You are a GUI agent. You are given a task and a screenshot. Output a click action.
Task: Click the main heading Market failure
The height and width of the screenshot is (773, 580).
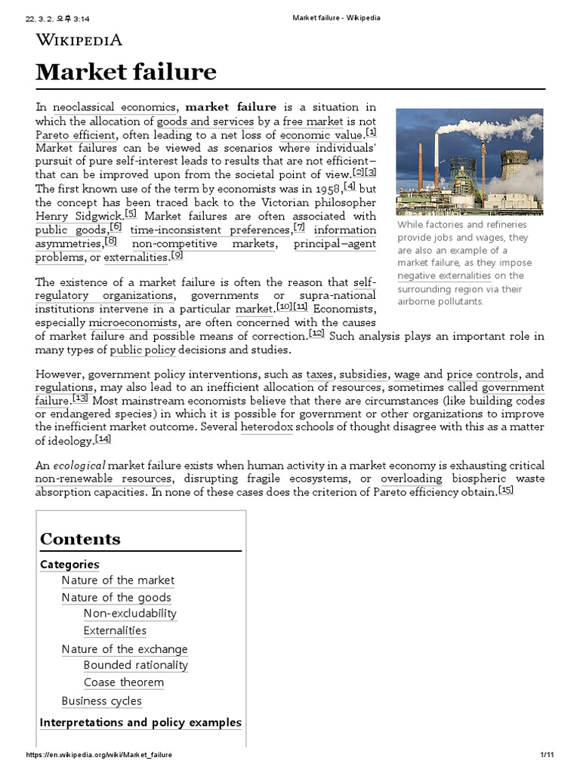126,72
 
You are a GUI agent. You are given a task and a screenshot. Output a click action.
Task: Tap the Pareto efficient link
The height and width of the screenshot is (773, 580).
76,135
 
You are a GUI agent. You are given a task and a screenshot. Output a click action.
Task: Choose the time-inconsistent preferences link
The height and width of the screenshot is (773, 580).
210,229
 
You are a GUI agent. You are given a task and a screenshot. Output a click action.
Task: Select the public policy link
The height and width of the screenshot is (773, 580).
143,350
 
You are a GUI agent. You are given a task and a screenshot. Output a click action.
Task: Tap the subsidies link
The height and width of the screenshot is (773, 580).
363,374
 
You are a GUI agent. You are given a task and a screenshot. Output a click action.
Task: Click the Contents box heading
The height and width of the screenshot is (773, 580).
80,539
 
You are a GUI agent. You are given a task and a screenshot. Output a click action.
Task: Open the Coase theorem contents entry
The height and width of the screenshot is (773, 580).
124,682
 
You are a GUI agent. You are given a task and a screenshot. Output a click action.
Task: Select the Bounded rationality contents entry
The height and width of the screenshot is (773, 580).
136,665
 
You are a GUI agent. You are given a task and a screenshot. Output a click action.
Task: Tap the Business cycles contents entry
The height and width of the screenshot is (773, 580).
102,701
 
